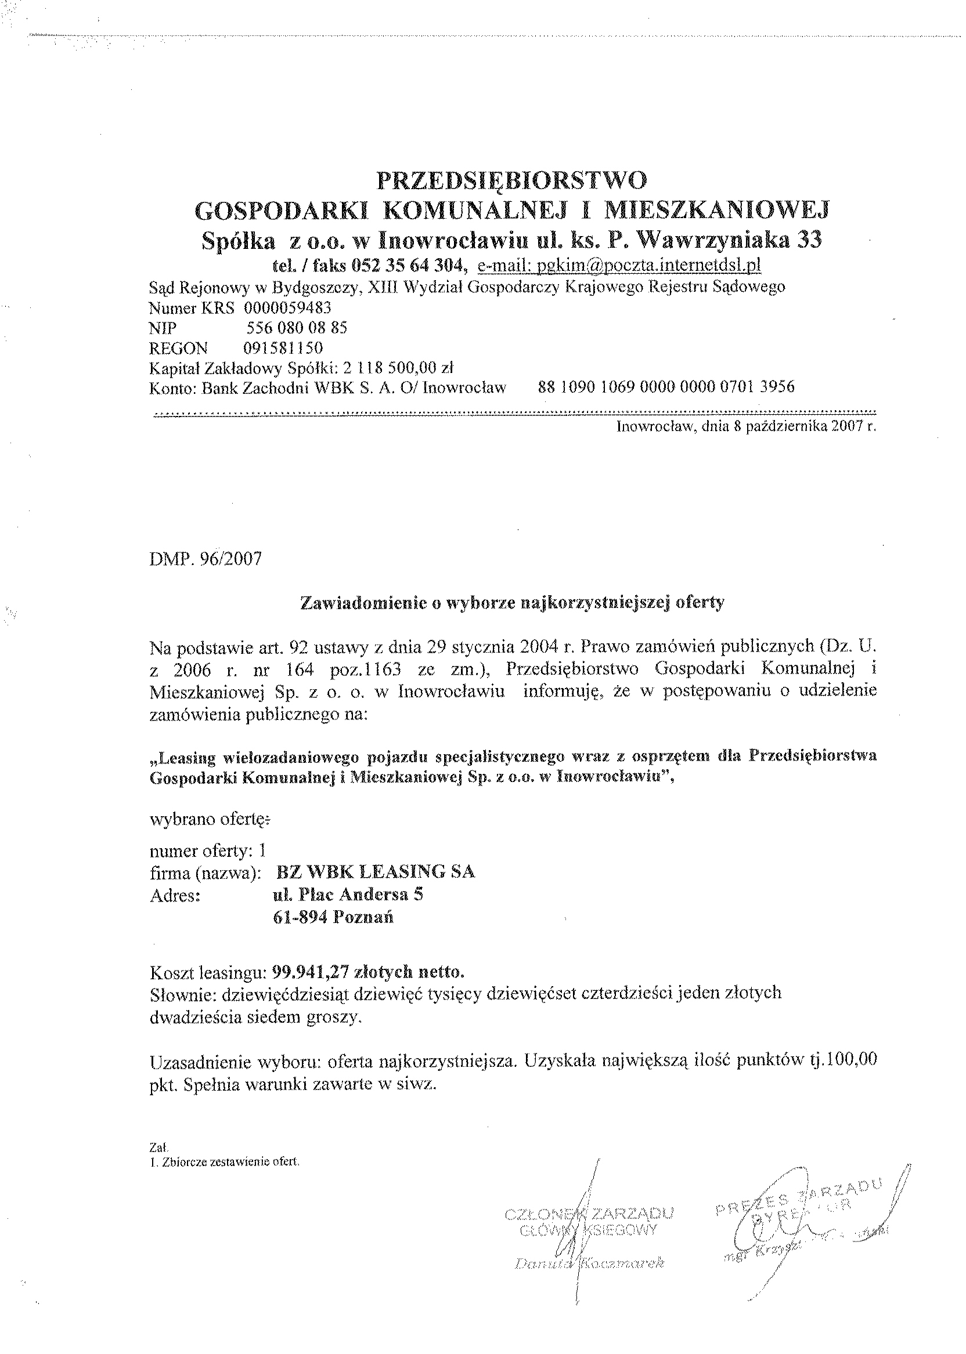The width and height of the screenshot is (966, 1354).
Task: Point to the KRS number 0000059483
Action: (287, 307)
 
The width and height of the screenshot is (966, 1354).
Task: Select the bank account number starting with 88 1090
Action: (666, 387)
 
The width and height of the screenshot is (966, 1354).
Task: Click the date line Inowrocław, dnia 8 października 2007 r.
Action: (747, 426)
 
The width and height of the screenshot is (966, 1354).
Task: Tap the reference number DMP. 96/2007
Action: (205, 560)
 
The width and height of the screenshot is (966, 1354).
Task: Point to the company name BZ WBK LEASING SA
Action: (376, 872)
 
